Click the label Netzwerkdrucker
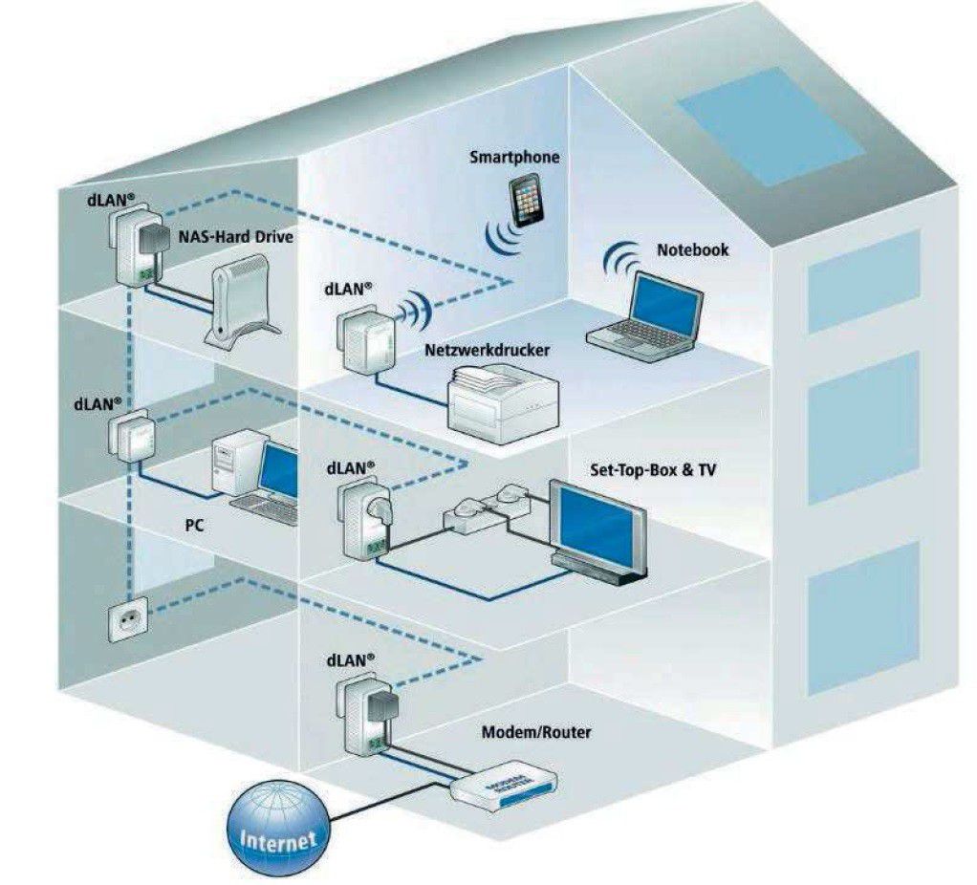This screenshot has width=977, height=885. pyautogui.click(x=487, y=351)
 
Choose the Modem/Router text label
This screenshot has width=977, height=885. pyautogui.click(x=535, y=732)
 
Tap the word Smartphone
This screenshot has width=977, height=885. pyautogui.click(x=514, y=157)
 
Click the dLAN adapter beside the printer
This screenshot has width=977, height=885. pyautogui.click(x=356, y=343)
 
